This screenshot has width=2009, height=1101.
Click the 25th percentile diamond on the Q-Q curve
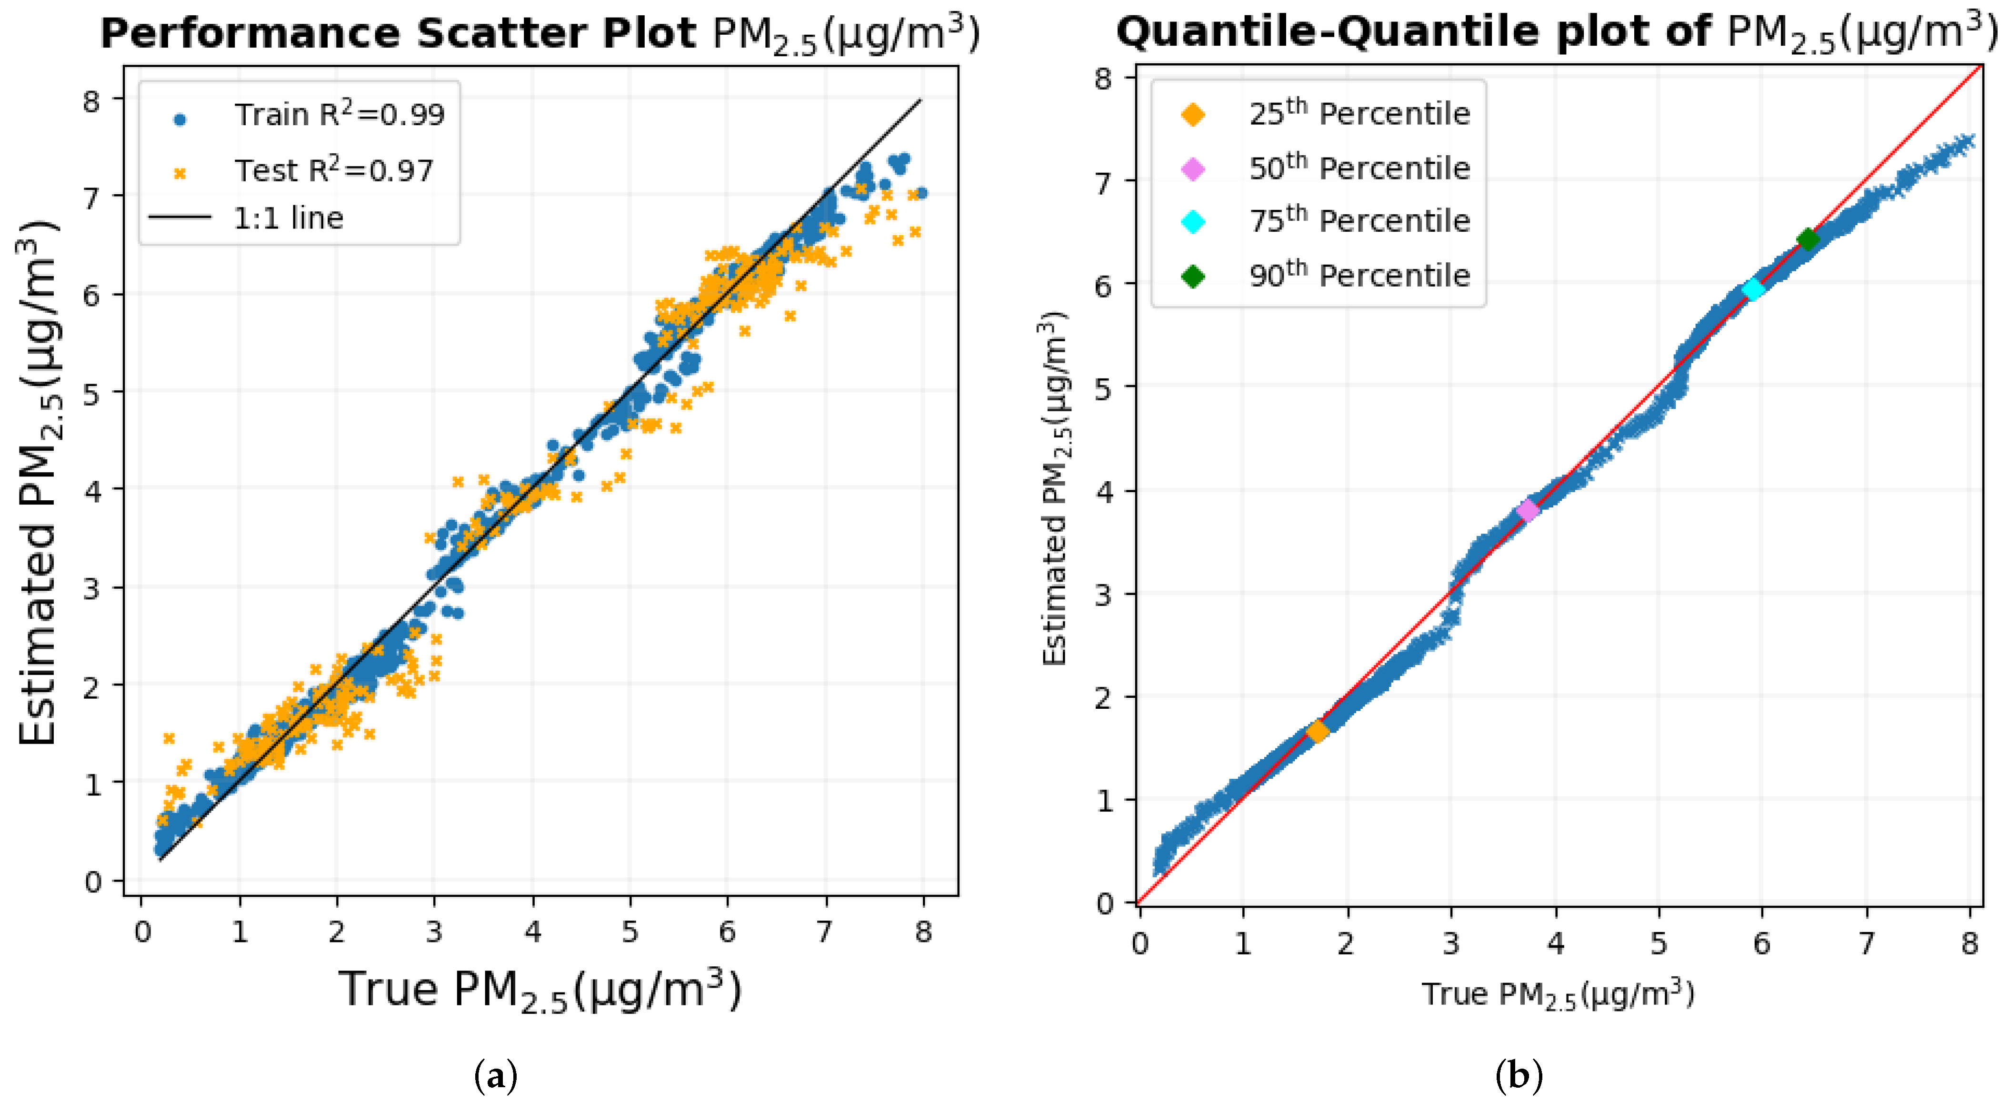pos(1317,732)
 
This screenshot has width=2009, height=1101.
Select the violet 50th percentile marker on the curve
pos(1527,511)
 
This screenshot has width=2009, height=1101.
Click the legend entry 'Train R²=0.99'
pos(339,115)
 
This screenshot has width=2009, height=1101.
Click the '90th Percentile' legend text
pos(1359,275)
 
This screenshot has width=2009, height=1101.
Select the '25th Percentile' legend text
pos(1359,114)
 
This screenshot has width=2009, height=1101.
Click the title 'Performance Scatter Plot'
pos(398,33)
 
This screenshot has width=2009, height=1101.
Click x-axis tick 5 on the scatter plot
pos(630,931)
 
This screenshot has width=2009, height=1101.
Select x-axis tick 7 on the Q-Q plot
pos(1866,943)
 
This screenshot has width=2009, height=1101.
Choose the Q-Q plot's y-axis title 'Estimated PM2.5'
pos(1054,490)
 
